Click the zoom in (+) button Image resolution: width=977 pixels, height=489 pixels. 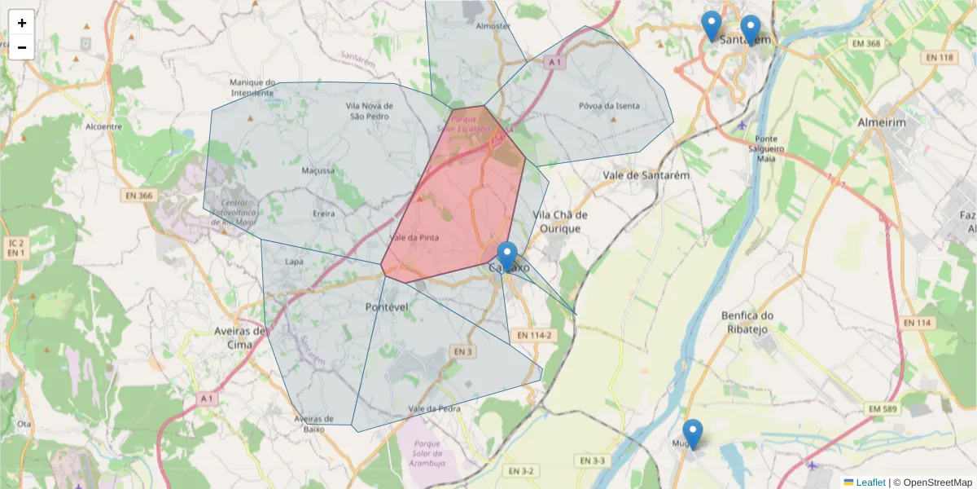coord(22,23)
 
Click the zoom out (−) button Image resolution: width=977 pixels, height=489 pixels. coord(22,47)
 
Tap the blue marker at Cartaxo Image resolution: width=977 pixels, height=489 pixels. coord(507,256)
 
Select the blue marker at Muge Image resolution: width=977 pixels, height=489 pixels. coord(693,434)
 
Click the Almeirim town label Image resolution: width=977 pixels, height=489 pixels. coord(882,122)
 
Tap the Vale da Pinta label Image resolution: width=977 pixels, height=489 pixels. coord(414,238)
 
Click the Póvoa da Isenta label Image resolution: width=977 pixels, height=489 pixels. coord(609,106)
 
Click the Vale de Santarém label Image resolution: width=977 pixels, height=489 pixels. coord(646,175)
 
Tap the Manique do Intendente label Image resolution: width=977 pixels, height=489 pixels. coord(252,87)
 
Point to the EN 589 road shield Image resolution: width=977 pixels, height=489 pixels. coord(883,408)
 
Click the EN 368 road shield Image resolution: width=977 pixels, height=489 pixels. coord(865,43)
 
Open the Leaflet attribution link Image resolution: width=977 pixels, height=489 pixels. coord(870,482)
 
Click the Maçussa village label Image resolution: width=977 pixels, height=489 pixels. coord(318,171)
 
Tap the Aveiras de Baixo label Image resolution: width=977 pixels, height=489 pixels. coord(314,424)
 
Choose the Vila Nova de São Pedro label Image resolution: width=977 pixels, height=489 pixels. coord(370,111)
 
